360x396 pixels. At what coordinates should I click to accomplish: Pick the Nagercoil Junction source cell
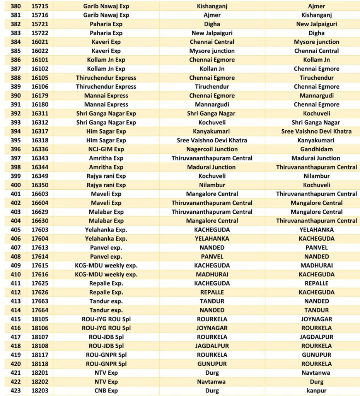click(x=212, y=149)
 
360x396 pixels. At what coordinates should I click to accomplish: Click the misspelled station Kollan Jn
click(x=212, y=69)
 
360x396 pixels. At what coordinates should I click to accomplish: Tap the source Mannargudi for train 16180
click(x=212, y=105)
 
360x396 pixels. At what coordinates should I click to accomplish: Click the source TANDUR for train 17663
click(x=212, y=301)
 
